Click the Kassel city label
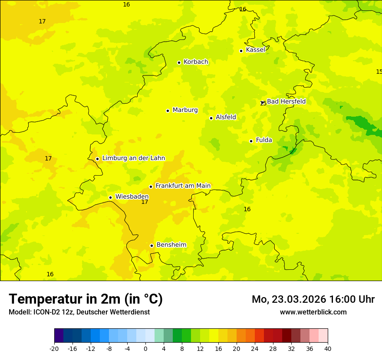coord(255,50)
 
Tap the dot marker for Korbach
coord(179,62)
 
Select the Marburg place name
coord(185,110)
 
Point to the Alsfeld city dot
coord(211,118)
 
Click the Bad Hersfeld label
coord(286,101)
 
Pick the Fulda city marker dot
coord(251,141)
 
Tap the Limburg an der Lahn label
coord(133,158)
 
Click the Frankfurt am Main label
coord(183,186)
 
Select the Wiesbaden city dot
coord(110,197)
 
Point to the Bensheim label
coord(171,245)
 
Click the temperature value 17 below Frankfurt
coord(145,202)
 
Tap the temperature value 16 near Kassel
coord(243,10)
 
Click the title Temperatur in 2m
coord(86,299)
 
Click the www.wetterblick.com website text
coord(313,312)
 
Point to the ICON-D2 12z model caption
coord(79,312)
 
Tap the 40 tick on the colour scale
coord(328,348)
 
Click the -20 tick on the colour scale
coord(54,348)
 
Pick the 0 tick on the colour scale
coord(145,348)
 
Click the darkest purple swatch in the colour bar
coord(59,336)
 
